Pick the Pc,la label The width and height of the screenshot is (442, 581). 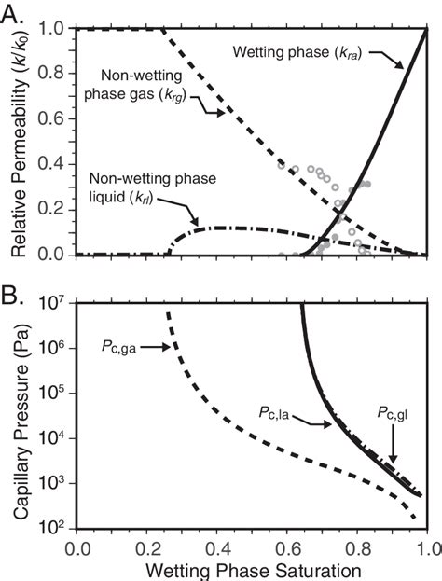pos(276,410)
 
